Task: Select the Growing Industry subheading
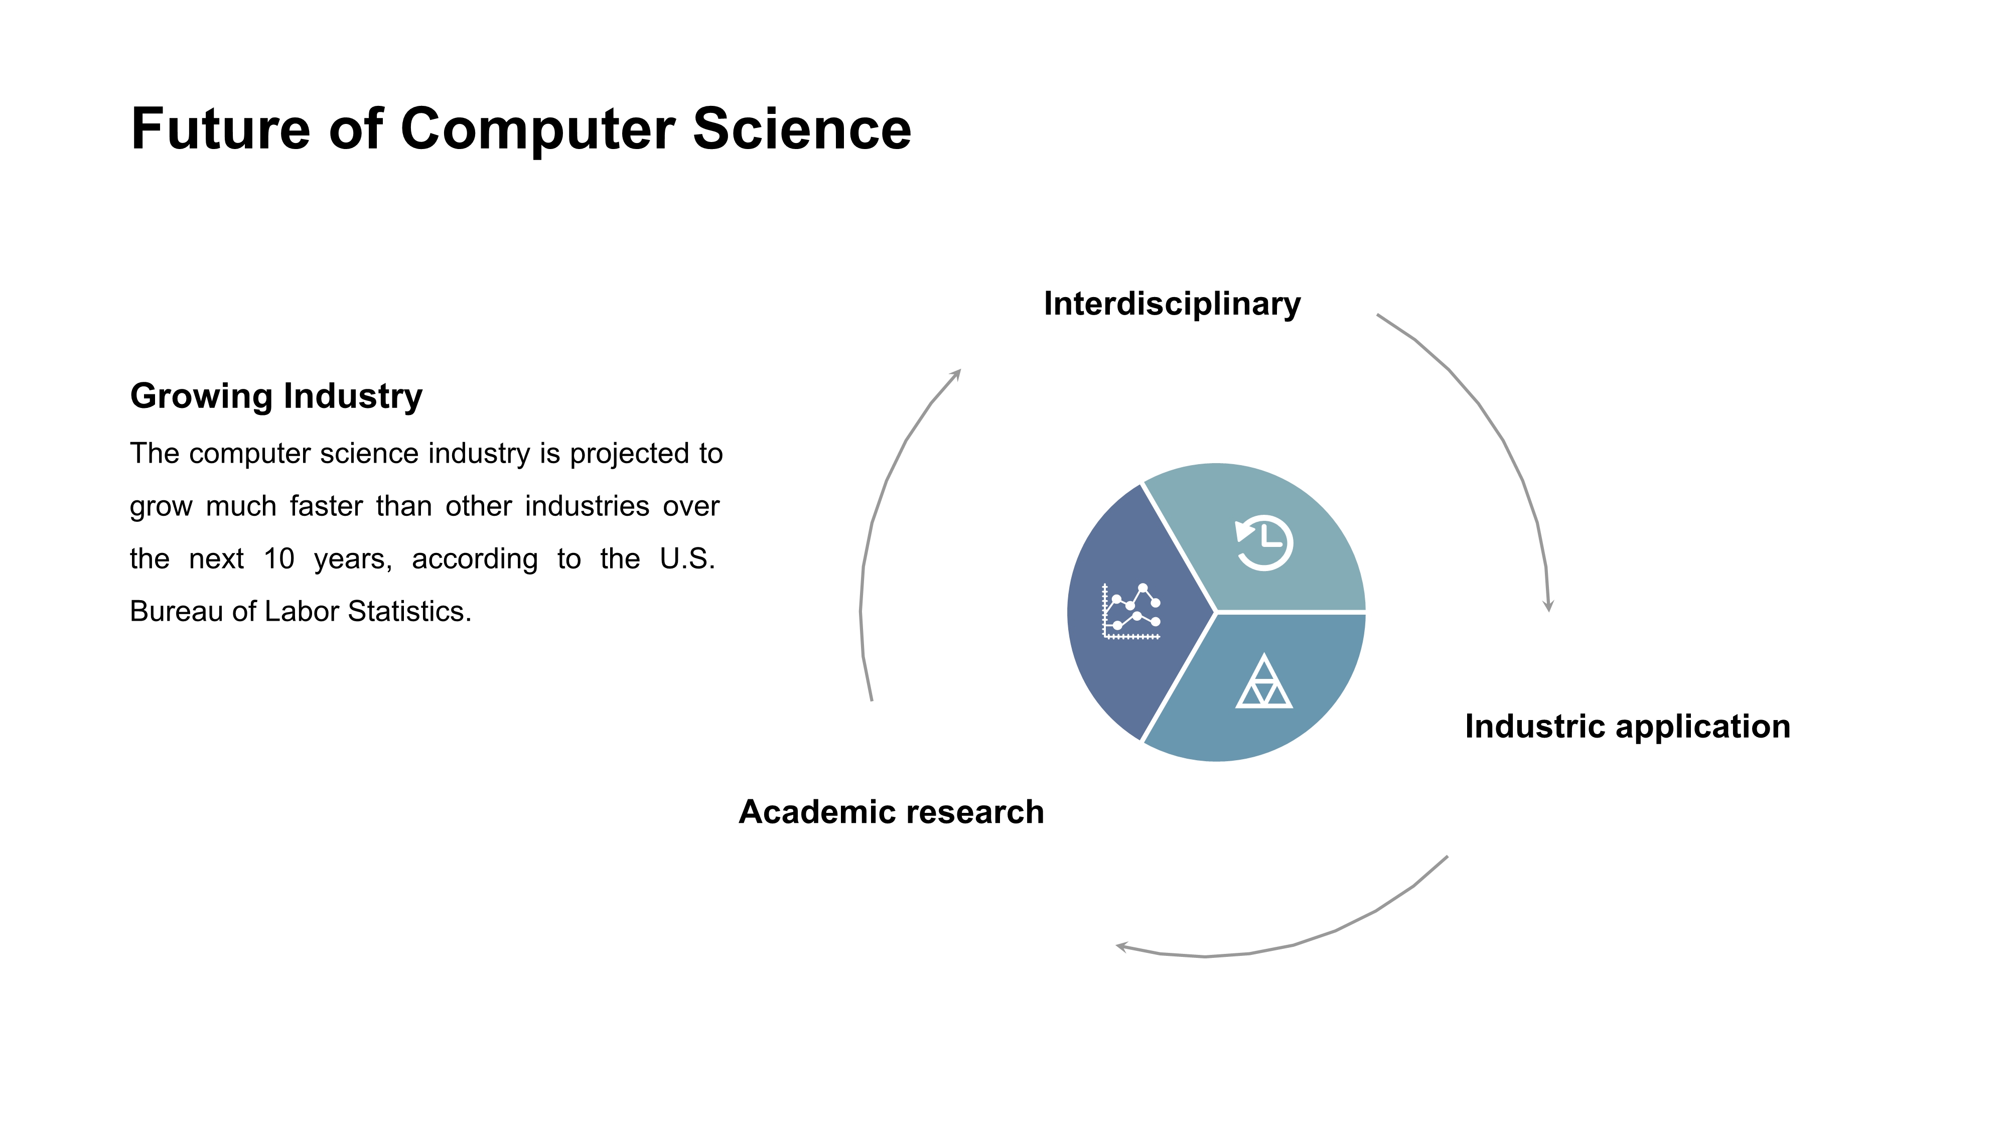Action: (276, 396)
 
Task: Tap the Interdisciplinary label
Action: (1172, 304)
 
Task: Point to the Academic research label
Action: (891, 812)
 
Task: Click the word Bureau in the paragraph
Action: (176, 612)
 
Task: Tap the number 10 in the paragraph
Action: (279, 558)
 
